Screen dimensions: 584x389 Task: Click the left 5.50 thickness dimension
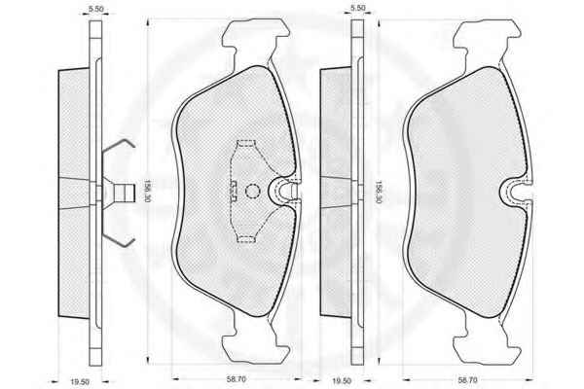click(96, 9)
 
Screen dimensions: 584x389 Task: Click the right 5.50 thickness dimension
click(358, 8)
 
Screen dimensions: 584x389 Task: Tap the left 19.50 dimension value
click(80, 382)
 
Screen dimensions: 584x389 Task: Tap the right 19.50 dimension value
click(342, 381)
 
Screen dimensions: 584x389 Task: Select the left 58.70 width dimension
click(237, 379)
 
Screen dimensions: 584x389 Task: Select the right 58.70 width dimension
click(467, 380)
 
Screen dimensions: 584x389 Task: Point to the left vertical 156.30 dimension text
click(148, 192)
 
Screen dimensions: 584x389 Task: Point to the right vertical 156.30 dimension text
click(379, 192)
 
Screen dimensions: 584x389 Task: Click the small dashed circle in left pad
click(252, 192)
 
